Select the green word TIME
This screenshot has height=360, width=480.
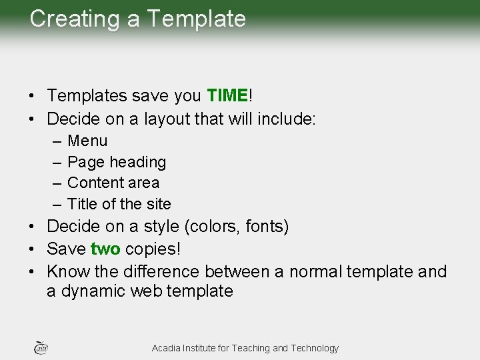(x=227, y=96)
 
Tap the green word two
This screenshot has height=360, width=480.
(x=105, y=249)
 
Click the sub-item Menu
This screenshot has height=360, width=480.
(x=87, y=141)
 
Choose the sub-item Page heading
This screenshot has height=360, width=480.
(x=117, y=162)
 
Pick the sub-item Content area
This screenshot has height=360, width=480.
(x=113, y=183)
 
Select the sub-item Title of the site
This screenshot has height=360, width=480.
(x=119, y=204)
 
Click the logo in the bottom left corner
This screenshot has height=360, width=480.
(x=40, y=347)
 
